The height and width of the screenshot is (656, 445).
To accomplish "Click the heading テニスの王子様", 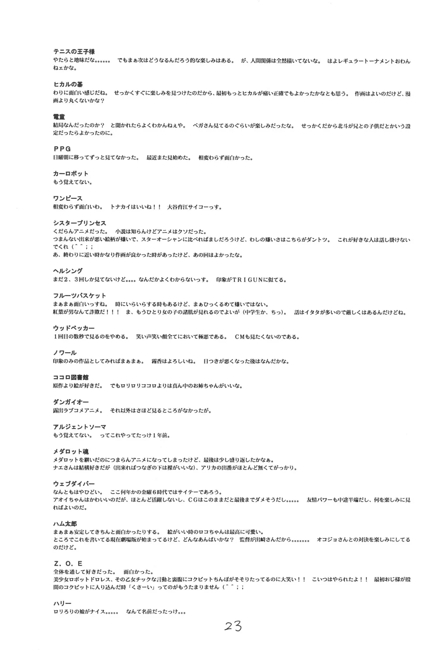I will click(x=74, y=52).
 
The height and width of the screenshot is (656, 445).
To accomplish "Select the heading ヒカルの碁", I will click(x=68, y=84).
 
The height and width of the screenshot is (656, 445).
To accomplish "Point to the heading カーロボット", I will click(x=71, y=173).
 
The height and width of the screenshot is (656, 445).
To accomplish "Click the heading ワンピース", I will click(x=68, y=198).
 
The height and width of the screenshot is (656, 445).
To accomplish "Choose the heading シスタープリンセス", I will click(x=80, y=223).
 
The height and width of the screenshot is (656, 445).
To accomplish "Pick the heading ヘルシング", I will click(x=68, y=271).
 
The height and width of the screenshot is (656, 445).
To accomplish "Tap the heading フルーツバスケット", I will click(x=80, y=295).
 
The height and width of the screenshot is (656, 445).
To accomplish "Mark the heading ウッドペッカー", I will click(x=74, y=328).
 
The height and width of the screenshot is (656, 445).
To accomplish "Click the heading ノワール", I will click(x=65, y=353).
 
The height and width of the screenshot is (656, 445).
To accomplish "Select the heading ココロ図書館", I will click(x=71, y=377).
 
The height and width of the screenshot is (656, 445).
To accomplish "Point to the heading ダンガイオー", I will click(x=71, y=402).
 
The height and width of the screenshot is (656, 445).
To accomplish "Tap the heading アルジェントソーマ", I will click(x=80, y=427).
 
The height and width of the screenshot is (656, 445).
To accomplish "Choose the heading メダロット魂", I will click(x=71, y=451).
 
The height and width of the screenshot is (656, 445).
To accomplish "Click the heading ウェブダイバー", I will click(x=74, y=483).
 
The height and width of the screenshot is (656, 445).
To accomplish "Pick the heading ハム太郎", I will click(x=65, y=523).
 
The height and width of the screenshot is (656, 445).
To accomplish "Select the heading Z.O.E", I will click(x=68, y=563).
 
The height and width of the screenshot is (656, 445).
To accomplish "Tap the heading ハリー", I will click(x=62, y=603).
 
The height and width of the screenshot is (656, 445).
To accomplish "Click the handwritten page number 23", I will click(x=233, y=626).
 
